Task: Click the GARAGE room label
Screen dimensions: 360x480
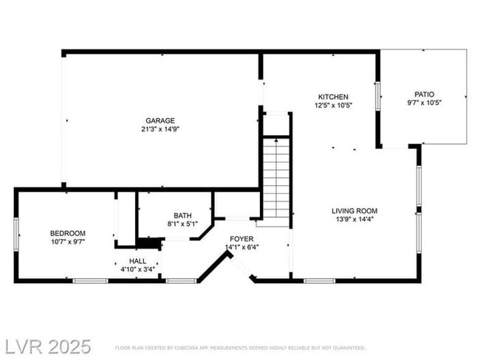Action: coord(160,120)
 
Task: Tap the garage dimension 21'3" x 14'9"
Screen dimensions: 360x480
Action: coord(160,128)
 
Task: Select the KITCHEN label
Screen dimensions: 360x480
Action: coord(333,97)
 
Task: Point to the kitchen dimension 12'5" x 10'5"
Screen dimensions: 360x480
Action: coord(333,105)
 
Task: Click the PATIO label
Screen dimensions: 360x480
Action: coord(424,94)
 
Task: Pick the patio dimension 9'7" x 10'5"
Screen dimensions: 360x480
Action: coord(424,103)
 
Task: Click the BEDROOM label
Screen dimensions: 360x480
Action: coord(67,233)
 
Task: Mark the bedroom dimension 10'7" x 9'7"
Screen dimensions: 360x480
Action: coord(67,241)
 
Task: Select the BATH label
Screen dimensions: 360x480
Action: coord(182,215)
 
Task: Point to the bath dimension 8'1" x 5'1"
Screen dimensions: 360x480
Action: coord(182,224)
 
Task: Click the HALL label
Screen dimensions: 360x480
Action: coord(137,261)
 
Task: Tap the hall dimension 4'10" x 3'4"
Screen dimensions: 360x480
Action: coord(137,269)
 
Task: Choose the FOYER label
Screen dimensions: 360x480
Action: coord(241,239)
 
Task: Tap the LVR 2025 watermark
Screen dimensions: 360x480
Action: coord(47,346)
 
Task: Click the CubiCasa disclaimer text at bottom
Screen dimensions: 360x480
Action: coord(240,347)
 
